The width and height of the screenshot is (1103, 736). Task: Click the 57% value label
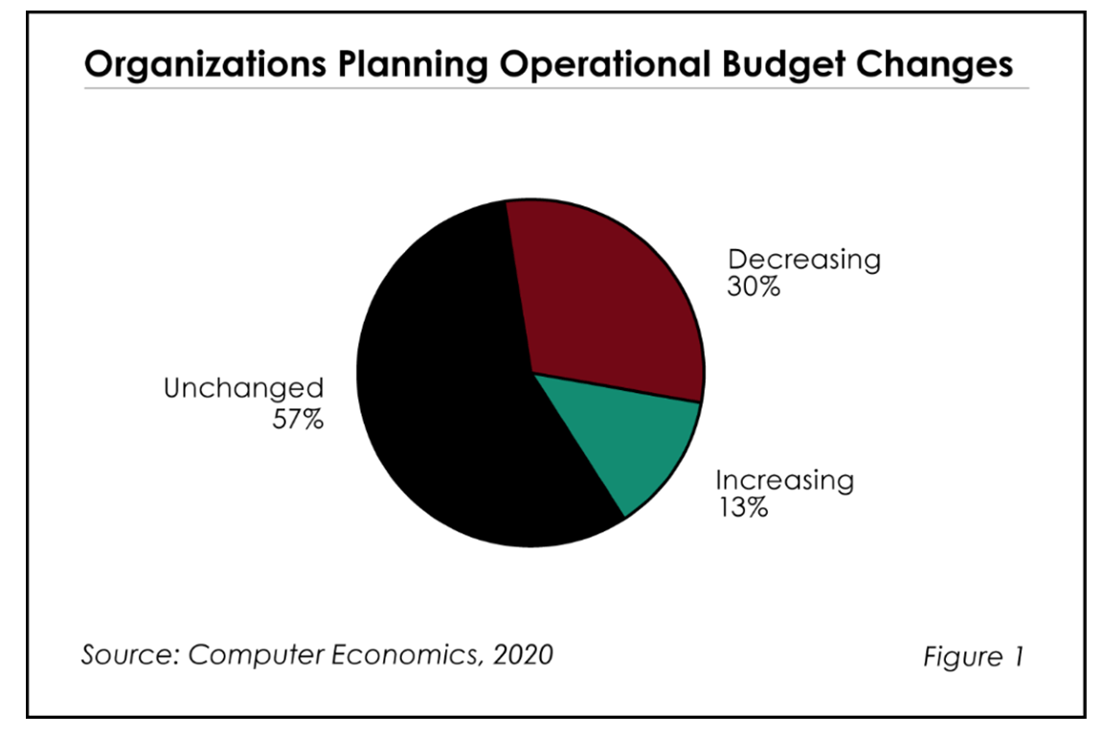coord(299,419)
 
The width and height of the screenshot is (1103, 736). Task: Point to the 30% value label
coord(754,287)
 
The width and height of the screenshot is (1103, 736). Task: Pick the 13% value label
coord(742,507)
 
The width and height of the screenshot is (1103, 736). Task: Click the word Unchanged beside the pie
coord(244,388)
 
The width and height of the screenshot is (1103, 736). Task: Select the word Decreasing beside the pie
coord(803,259)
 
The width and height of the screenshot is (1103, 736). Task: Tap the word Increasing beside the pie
coord(784,479)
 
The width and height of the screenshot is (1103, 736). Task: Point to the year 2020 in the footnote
coord(522,655)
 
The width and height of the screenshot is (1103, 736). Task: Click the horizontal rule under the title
coord(555,88)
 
